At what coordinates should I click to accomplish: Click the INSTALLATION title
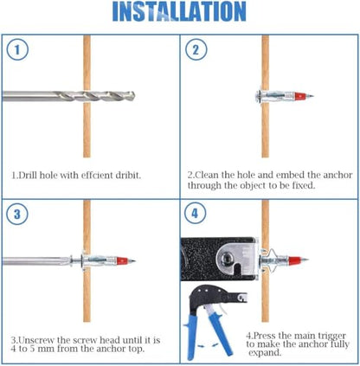pos(179,11)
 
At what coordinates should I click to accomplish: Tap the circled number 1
pos(17,49)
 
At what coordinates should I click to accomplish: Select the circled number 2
pos(196,49)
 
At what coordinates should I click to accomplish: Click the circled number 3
pos(17,214)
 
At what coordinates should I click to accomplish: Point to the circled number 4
pos(195,213)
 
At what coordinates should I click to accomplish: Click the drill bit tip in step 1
pos(134,96)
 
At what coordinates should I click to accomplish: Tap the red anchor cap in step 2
pos(300,96)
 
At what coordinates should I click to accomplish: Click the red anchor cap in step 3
pos(122,261)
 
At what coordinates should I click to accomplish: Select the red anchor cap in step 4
pos(295,260)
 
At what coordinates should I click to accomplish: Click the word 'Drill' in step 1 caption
pos(28,175)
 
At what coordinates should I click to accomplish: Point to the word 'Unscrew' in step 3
pos(36,340)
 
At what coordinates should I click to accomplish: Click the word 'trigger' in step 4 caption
pos(331,336)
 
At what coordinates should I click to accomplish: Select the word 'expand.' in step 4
pos(265,353)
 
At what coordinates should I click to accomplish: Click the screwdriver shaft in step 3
pos(36,261)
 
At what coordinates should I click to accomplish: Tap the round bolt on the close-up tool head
pos(227,256)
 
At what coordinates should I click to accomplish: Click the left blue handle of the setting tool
pos(191,337)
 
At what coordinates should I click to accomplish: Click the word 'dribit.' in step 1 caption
pos(128,175)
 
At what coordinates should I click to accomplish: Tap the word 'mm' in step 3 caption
pos(46,349)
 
